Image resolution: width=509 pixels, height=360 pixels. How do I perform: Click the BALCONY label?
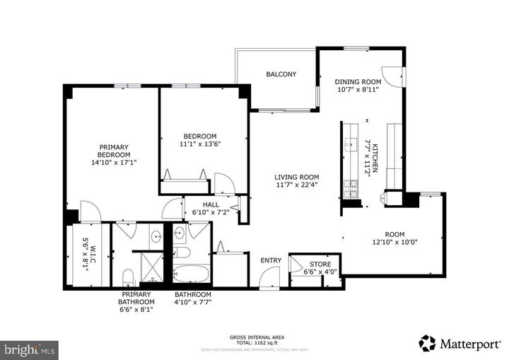tap(281, 74)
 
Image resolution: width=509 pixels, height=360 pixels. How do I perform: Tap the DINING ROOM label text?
tap(357, 81)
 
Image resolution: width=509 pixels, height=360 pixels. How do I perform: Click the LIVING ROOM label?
tap(297, 178)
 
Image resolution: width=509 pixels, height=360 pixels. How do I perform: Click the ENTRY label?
tap(271, 260)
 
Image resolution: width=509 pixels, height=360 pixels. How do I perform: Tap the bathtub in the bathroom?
tap(192, 274)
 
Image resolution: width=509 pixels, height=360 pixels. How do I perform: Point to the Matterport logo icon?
tap(427, 343)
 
